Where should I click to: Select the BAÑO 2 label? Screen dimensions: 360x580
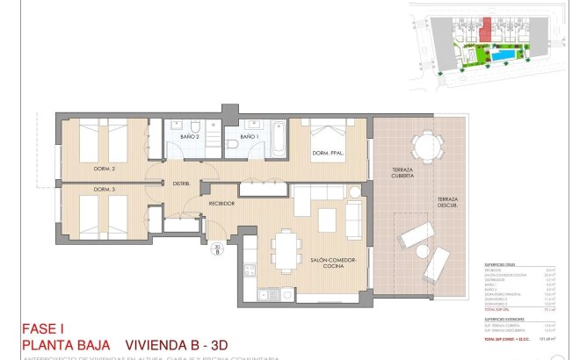(x=191, y=138)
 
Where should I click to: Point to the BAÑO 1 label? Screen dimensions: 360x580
(x=250, y=138)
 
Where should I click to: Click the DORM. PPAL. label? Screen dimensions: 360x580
(x=326, y=155)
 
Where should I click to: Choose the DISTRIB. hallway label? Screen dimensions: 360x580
(x=183, y=184)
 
